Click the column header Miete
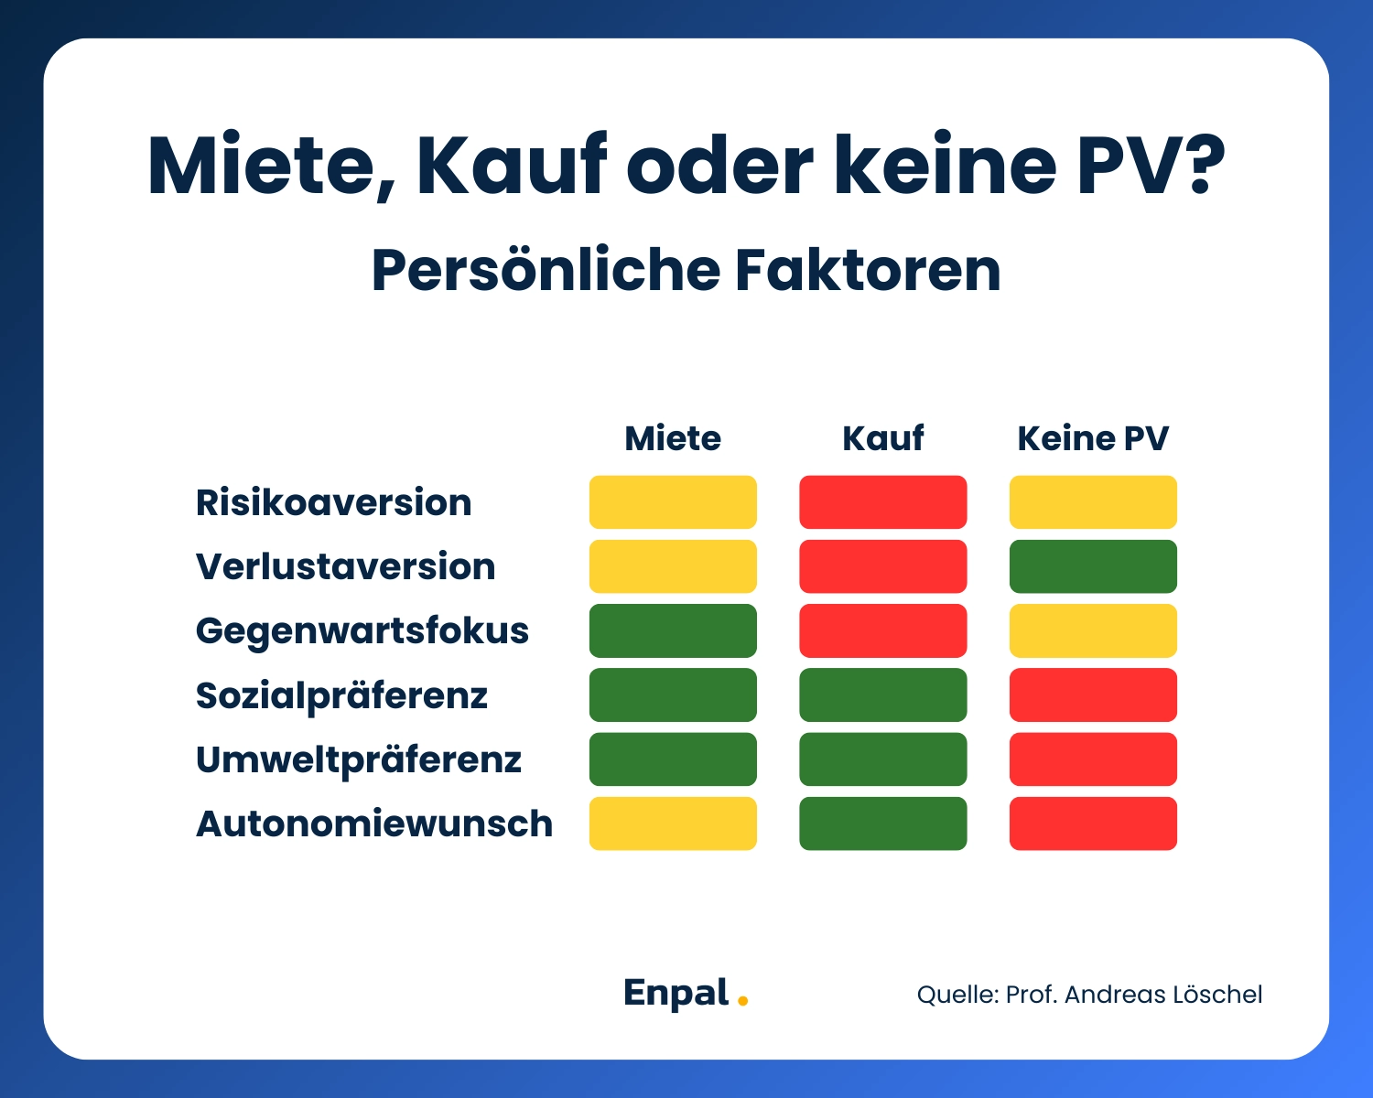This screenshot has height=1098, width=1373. click(x=673, y=438)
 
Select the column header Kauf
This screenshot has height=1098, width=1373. click(x=882, y=438)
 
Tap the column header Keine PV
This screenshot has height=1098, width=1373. click(x=1093, y=438)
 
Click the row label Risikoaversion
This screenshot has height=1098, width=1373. click(x=333, y=502)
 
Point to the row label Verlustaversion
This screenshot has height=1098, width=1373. click(x=345, y=566)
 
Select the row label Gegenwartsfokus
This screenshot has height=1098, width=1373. click(x=362, y=630)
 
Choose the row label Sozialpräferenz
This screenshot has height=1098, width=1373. click(x=341, y=695)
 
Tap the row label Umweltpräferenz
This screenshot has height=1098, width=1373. click(x=358, y=759)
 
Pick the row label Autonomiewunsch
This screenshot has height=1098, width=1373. click(x=373, y=823)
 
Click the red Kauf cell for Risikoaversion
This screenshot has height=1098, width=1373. click(x=882, y=502)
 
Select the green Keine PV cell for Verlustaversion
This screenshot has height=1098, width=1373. click(x=1093, y=566)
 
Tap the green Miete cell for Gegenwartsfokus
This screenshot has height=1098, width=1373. click(x=673, y=630)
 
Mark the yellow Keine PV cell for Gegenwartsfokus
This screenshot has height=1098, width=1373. click(x=1093, y=630)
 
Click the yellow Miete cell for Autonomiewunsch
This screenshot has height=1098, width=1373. click(x=673, y=823)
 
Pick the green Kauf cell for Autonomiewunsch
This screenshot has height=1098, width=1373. click(x=882, y=823)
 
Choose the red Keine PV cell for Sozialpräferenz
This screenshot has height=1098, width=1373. click(x=1093, y=695)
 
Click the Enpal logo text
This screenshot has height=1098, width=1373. click(x=676, y=993)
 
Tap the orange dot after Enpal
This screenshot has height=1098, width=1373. click(x=742, y=1001)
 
